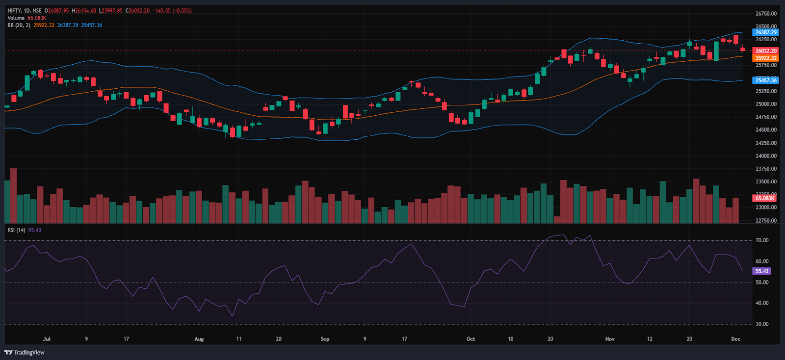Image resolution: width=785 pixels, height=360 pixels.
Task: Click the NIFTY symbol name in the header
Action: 14,11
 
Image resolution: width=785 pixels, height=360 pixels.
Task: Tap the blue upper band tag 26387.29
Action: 765,32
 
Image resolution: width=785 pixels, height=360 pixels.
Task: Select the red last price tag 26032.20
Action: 765,51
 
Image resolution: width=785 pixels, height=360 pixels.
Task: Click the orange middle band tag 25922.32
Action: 765,58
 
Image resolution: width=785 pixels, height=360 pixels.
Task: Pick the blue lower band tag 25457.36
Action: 765,80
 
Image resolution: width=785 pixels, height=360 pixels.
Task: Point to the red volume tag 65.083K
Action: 765,198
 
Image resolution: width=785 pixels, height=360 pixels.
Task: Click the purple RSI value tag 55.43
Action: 762,271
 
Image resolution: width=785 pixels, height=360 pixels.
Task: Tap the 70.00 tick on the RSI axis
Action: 762,240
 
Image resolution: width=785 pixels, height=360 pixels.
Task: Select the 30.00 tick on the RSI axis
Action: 762,324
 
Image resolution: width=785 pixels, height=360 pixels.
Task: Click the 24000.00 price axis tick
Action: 766,156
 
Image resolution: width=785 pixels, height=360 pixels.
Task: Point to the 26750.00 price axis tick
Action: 766,14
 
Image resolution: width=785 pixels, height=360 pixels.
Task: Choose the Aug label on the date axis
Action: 199,339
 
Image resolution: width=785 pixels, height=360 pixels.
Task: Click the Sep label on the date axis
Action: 325,339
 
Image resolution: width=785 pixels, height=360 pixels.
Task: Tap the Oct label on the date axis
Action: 471,339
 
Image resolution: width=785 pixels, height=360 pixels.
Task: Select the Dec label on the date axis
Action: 735,339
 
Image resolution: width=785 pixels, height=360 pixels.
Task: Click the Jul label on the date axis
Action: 47,339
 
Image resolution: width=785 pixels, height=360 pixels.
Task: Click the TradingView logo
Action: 25,352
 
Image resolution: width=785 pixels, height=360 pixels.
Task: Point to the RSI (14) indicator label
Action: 17,230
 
